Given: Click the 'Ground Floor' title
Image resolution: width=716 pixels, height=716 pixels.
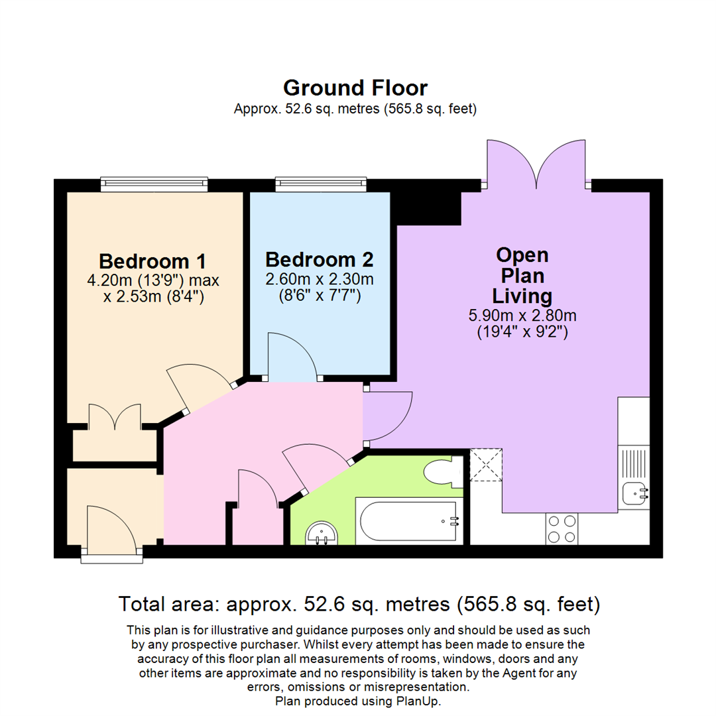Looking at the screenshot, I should click(x=355, y=88).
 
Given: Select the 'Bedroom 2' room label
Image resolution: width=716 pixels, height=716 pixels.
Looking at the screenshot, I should click(x=319, y=259).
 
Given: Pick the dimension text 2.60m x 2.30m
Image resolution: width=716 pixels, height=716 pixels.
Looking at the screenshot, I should click(x=319, y=280).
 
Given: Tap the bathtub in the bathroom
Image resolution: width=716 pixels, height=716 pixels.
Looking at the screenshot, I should click(x=408, y=521).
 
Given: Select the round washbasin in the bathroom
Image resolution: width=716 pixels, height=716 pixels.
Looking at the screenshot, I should click(x=323, y=533).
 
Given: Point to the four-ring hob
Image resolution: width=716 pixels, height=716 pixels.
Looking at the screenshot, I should click(x=561, y=529).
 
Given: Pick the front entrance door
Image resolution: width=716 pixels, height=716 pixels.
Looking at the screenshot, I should click(x=111, y=530).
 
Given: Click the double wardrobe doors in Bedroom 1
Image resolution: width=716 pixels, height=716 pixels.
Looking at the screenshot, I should click(x=115, y=418).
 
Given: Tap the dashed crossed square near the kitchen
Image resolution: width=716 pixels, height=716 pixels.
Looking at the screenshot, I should click(x=486, y=465).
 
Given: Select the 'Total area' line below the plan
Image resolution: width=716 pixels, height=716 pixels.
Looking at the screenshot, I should click(x=359, y=604).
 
